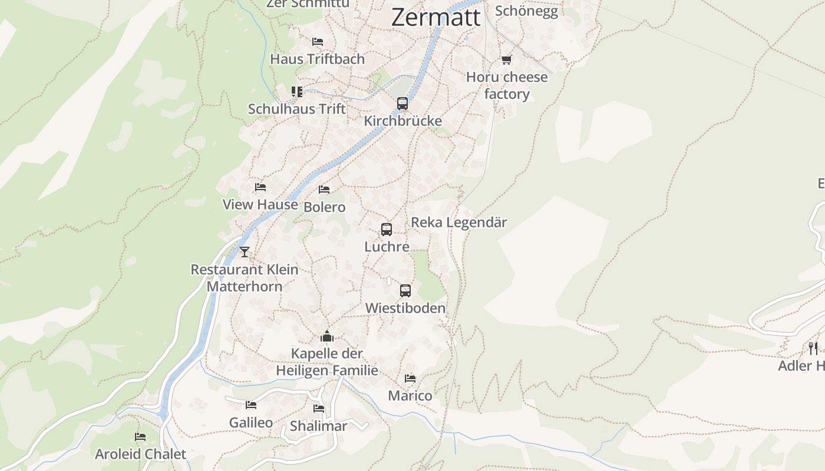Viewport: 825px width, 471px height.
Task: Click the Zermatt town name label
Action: [435, 17]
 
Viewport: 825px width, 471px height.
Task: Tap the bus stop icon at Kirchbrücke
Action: [402, 104]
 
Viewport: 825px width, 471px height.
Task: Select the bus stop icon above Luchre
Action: [387, 230]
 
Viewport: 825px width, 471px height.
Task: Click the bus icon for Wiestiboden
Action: [405, 290]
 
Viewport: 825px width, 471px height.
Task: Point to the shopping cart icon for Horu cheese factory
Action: [506, 59]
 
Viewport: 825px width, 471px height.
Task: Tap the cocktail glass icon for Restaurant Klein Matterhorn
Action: [245, 252]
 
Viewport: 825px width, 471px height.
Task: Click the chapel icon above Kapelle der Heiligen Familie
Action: [327, 337]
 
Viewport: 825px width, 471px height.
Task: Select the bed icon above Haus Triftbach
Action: [318, 42]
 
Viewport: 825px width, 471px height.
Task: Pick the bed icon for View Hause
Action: [260, 187]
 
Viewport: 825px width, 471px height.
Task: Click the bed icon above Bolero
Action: [324, 190]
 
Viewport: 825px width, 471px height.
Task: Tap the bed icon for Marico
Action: [410, 378]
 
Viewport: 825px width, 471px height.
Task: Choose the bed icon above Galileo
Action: [251, 405]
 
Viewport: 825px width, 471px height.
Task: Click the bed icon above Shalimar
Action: [319, 409]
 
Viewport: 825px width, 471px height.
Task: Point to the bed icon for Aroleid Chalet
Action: [140, 437]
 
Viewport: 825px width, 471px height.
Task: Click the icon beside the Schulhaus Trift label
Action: [297, 92]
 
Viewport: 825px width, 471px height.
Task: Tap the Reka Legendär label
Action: [458, 223]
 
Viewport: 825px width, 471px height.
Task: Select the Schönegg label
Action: [526, 11]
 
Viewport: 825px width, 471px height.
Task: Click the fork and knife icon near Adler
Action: [813, 348]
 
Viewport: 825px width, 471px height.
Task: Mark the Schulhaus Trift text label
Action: [297, 109]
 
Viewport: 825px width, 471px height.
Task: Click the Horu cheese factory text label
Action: [507, 85]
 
